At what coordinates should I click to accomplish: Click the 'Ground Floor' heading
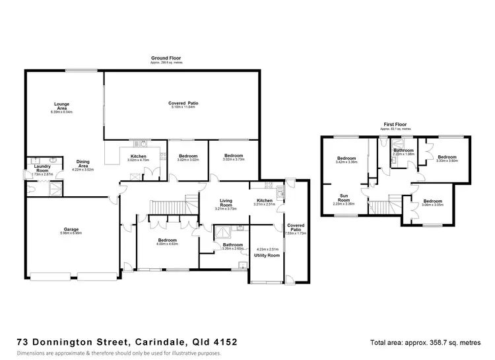pyautogui.click(x=166, y=59)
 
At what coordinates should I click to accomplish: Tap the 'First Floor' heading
pyautogui.click(x=394, y=124)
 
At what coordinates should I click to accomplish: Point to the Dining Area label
pyautogui.click(x=82, y=164)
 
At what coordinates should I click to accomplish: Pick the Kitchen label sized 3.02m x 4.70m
pyautogui.click(x=137, y=157)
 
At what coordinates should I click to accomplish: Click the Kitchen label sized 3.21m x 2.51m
pyautogui.click(x=264, y=201)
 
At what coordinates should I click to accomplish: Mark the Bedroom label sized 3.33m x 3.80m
pyautogui.click(x=447, y=159)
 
